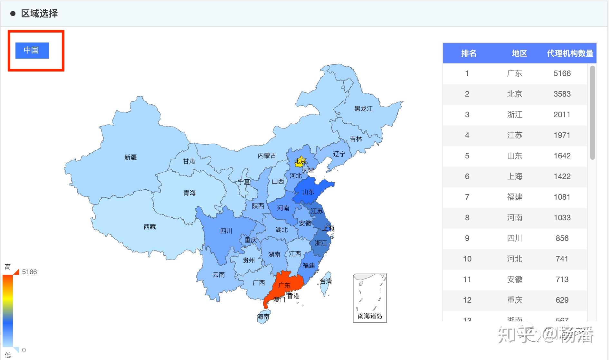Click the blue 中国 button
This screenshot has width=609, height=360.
(x=32, y=50)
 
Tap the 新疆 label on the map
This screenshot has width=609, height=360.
(x=130, y=157)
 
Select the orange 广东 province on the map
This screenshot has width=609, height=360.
(x=284, y=285)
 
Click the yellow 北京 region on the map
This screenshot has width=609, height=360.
(x=300, y=161)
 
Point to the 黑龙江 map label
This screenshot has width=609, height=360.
(x=363, y=109)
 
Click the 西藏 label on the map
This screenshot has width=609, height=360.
(x=149, y=227)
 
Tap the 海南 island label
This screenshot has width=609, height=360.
(x=263, y=316)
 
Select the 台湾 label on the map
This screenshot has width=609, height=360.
(x=326, y=281)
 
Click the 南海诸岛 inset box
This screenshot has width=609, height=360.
(x=370, y=298)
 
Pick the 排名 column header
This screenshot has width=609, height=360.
(x=469, y=53)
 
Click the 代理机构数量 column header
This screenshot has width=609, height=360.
(x=570, y=53)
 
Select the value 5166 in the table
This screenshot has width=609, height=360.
(x=562, y=73)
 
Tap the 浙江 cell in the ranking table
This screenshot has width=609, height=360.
(x=514, y=115)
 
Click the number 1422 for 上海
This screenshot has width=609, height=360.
(x=562, y=176)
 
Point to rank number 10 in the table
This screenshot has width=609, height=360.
(x=467, y=259)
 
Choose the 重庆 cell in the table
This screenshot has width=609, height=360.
(x=514, y=300)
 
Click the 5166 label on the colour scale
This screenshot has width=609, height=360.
(x=29, y=272)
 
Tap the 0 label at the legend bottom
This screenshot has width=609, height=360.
(x=24, y=350)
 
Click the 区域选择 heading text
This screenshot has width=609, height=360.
(x=39, y=14)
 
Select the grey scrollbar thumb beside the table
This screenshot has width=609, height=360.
(x=592, y=113)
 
